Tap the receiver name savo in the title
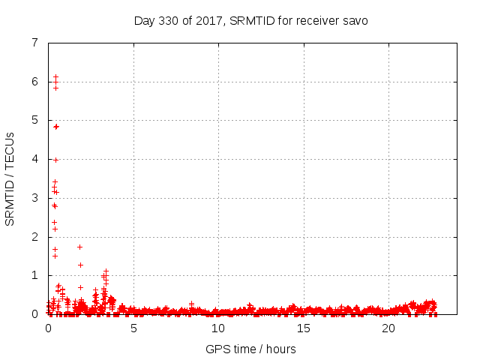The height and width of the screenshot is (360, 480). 354,20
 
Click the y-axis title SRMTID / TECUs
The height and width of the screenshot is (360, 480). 10,178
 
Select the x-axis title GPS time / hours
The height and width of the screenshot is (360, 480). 250,349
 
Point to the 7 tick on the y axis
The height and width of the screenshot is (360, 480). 34,43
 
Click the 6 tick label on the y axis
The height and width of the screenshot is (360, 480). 34,82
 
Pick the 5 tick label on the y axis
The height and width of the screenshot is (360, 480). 34,120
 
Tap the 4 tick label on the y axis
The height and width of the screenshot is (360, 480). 34,159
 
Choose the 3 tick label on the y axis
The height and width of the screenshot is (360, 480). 34,198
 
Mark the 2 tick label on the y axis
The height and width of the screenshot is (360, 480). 34,237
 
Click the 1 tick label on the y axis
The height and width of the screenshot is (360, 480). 34,275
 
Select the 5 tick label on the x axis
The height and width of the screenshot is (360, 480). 133,328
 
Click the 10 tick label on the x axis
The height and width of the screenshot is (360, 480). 218,328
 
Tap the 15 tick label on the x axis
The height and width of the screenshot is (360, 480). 304,328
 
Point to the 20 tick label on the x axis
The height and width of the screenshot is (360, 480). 388,328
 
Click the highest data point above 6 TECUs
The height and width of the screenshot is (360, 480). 55,77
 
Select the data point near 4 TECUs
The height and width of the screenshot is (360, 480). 55,160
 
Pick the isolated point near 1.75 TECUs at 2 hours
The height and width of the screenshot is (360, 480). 79,247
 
